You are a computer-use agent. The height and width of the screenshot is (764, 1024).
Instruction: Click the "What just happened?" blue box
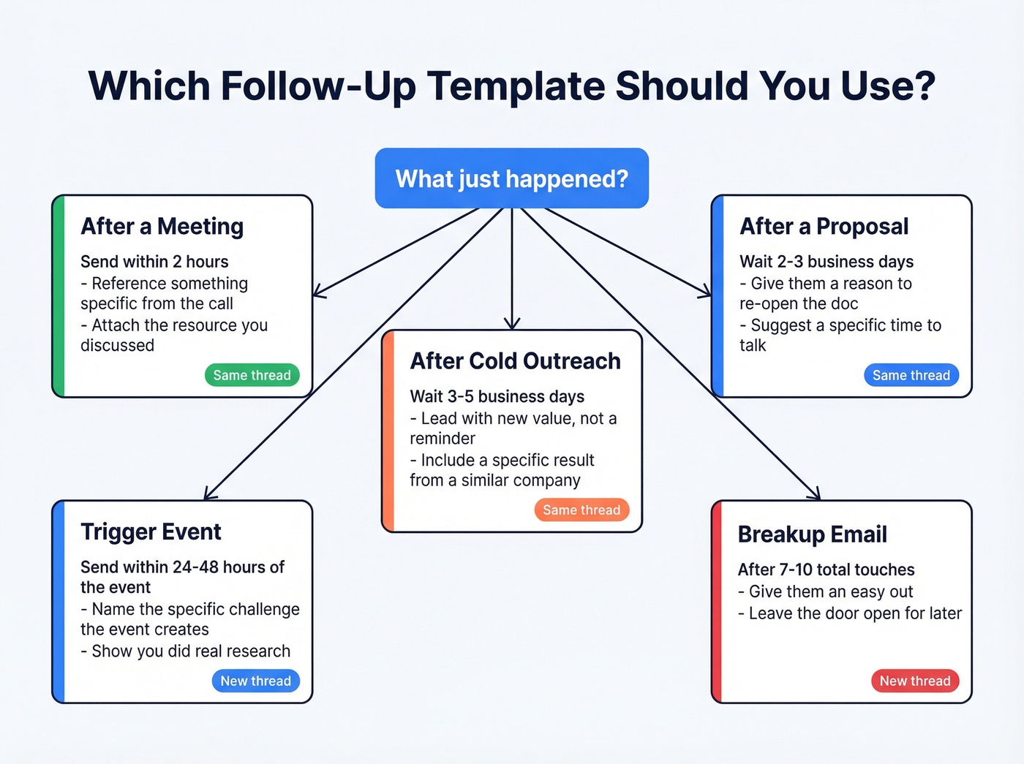pyautogui.click(x=511, y=178)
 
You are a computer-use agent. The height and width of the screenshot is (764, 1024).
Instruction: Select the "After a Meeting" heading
pyautogui.click(x=162, y=227)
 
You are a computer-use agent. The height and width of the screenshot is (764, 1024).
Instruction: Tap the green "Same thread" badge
pyautogui.click(x=252, y=375)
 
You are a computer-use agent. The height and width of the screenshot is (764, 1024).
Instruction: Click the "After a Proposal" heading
pyautogui.click(x=824, y=227)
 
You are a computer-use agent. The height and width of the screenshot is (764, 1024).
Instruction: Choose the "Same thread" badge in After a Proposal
pyautogui.click(x=911, y=375)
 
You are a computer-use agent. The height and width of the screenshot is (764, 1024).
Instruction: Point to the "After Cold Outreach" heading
pyautogui.click(x=515, y=361)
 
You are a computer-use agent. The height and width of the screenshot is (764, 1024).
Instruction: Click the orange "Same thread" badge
pyautogui.click(x=581, y=510)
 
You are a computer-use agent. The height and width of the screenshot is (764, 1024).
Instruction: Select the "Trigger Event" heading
pyautogui.click(x=151, y=532)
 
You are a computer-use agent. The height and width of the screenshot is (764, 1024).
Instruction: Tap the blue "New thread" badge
pyautogui.click(x=255, y=681)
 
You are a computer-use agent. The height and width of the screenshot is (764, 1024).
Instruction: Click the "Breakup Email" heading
pyautogui.click(x=812, y=534)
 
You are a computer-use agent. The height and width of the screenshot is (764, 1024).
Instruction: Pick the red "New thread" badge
pyautogui.click(x=914, y=681)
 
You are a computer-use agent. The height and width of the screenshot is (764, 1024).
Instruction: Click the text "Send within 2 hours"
pyautogui.click(x=154, y=262)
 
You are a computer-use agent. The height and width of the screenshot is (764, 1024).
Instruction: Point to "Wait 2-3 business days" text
pyautogui.click(x=827, y=262)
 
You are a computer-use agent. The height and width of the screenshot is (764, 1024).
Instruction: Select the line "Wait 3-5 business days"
pyautogui.click(x=497, y=396)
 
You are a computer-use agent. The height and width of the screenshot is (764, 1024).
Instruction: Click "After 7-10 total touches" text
pyautogui.click(x=826, y=570)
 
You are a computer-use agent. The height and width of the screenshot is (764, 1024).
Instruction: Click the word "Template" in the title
pyautogui.click(x=516, y=86)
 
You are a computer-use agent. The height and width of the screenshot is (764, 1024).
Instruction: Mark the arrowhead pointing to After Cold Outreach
pyautogui.click(x=512, y=324)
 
